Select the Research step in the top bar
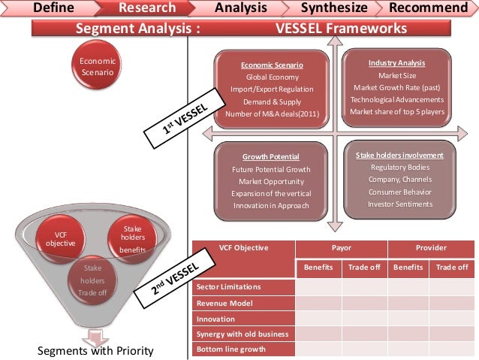click(147, 8)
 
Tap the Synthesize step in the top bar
click(334, 8)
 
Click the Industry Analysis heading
click(396, 62)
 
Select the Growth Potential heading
click(271, 156)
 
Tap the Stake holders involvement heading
click(399, 155)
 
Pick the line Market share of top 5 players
click(397, 112)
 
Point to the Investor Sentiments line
click(399, 204)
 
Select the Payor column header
click(342, 247)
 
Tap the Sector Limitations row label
click(228, 287)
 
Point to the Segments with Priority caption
click(95, 351)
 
